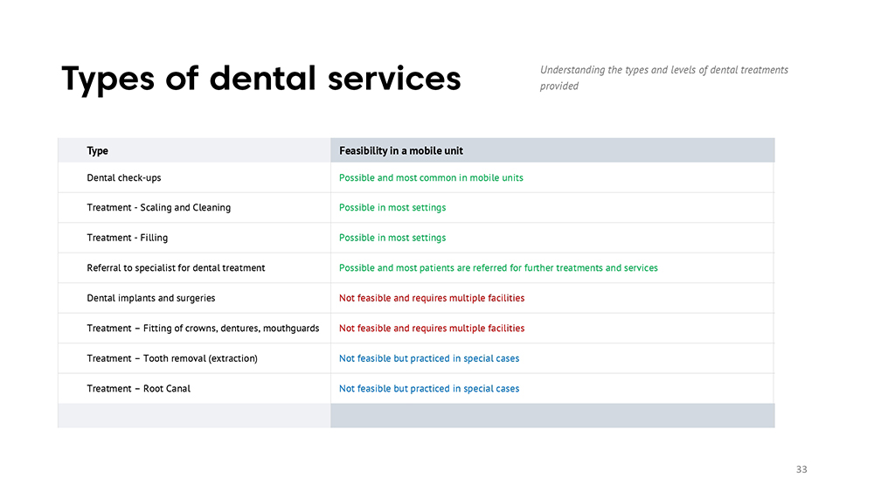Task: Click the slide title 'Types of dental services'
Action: coord(260,79)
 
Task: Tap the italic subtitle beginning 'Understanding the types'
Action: coord(664,78)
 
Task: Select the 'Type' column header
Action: coord(98,150)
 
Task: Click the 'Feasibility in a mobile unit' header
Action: coord(401,150)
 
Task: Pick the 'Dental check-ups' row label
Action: coord(124,177)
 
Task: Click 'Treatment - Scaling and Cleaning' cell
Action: coord(159,207)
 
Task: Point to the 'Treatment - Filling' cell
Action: coord(127,238)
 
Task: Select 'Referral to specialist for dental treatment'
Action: coord(176,267)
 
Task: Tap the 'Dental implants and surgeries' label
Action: coord(151,298)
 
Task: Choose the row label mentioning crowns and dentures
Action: coord(203,329)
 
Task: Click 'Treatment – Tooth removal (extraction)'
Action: coord(172,358)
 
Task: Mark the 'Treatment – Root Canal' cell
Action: coord(138,388)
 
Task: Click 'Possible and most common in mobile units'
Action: coord(431,177)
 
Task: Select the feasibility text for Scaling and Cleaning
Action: coord(392,207)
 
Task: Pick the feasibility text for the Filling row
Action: coord(392,238)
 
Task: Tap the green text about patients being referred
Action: coord(498,267)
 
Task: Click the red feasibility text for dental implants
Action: coord(432,298)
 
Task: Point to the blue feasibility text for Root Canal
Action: coord(429,388)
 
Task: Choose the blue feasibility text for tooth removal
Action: coord(429,358)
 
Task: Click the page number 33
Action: coord(801,469)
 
